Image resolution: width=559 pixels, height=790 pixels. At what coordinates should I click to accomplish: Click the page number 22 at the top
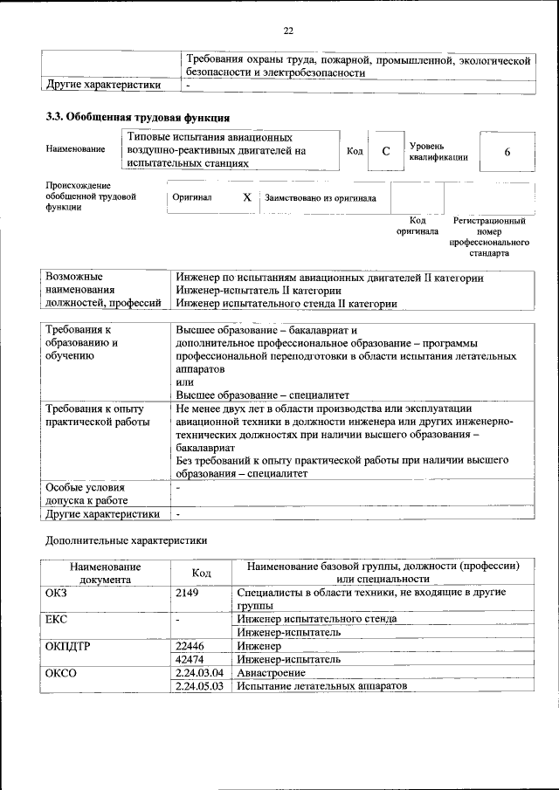(x=287, y=31)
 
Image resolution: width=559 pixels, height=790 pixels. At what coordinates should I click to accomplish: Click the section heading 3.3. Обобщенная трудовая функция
(x=137, y=117)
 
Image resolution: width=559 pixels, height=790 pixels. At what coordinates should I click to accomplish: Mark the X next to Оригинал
(x=246, y=198)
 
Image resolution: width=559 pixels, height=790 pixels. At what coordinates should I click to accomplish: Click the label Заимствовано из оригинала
(x=321, y=198)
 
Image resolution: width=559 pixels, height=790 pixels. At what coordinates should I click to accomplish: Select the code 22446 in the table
(x=190, y=646)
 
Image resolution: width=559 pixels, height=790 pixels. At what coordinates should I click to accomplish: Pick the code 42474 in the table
(x=190, y=660)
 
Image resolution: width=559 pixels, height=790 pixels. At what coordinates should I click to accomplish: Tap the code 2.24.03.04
(x=199, y=673)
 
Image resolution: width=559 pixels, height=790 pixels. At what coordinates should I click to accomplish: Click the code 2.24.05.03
(x=199, y=687)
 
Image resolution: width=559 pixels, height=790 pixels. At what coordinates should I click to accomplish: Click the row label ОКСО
(x=60, y=673)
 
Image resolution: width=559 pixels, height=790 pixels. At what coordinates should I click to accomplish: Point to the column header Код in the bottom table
(x=201, y=572)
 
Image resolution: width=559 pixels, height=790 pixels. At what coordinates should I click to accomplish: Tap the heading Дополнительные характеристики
(x=126, y=540)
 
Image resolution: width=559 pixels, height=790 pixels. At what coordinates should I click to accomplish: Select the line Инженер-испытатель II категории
(x=258, y=290)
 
